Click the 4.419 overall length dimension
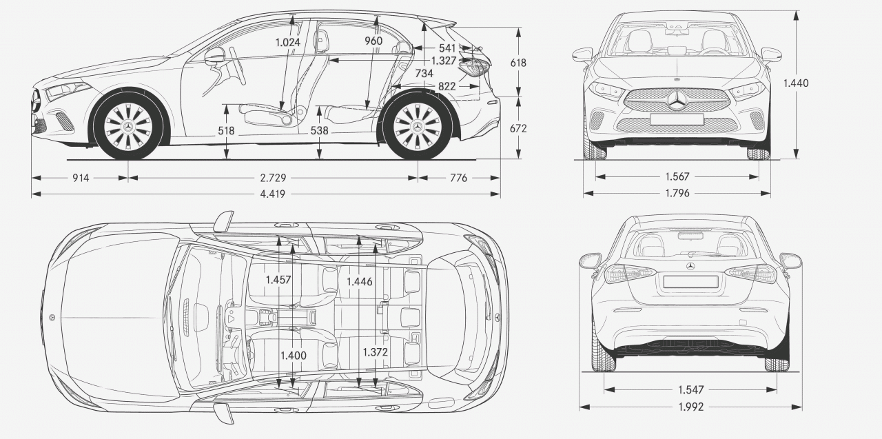pos(272,194)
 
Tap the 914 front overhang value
pos(81,178)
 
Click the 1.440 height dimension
pos(795,83)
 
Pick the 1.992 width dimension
pos(690,407)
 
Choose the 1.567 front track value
pos(677,176)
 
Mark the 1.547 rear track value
pos(690,390)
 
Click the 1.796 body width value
pos(677,194)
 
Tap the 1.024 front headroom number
pos(288,42)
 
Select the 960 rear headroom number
pos(373,41)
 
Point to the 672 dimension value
pos(517,128)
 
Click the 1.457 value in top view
pos(278,280)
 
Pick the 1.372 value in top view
pos(376,351)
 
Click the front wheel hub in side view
pos(129,127)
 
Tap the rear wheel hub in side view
pos(417,127)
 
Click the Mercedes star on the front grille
pos(677,101)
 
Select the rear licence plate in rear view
pos(690,281)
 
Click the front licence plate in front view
pos(677,119)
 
